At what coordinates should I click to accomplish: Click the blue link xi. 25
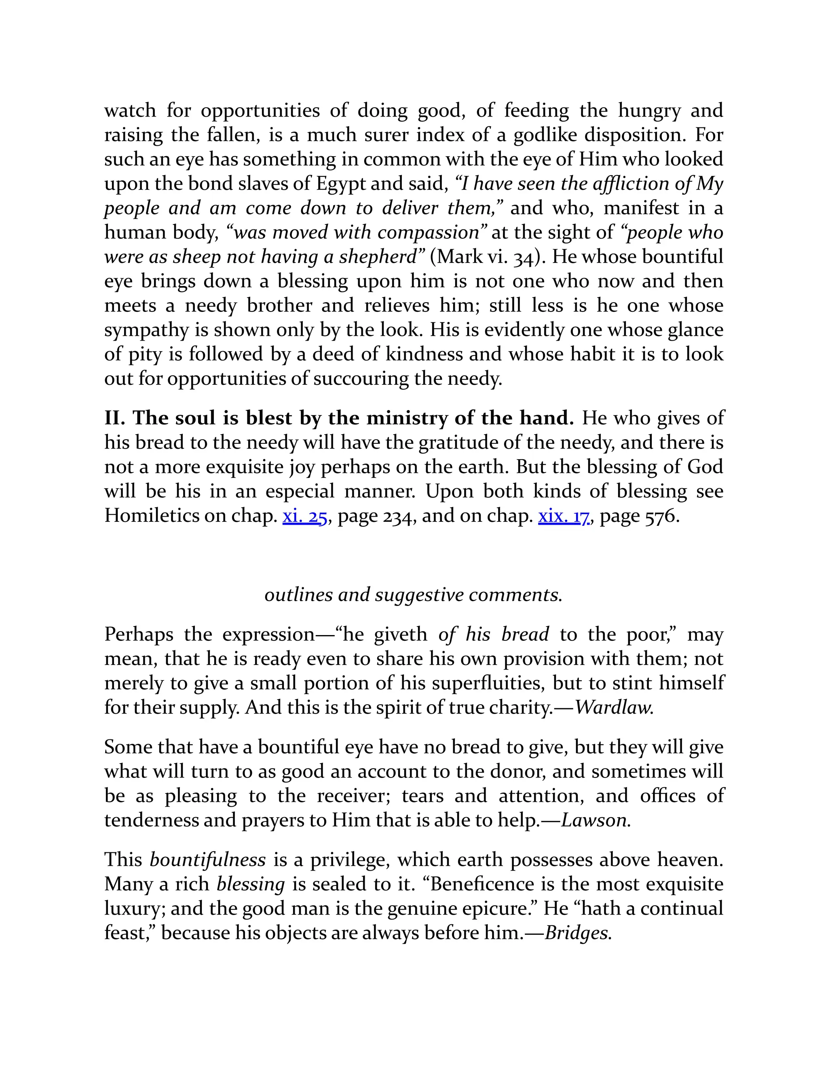coord(304,516)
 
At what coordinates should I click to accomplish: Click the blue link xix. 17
coord(564,516)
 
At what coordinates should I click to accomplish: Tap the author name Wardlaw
coord(613,707)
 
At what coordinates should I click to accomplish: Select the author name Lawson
coord(594,820)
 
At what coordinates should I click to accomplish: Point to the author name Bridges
coord(577,932)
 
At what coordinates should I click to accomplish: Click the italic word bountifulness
coord(207,860)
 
